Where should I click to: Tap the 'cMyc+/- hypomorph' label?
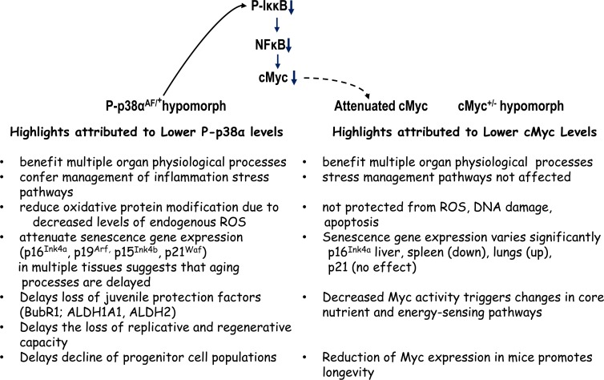(x=507, y=105)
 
